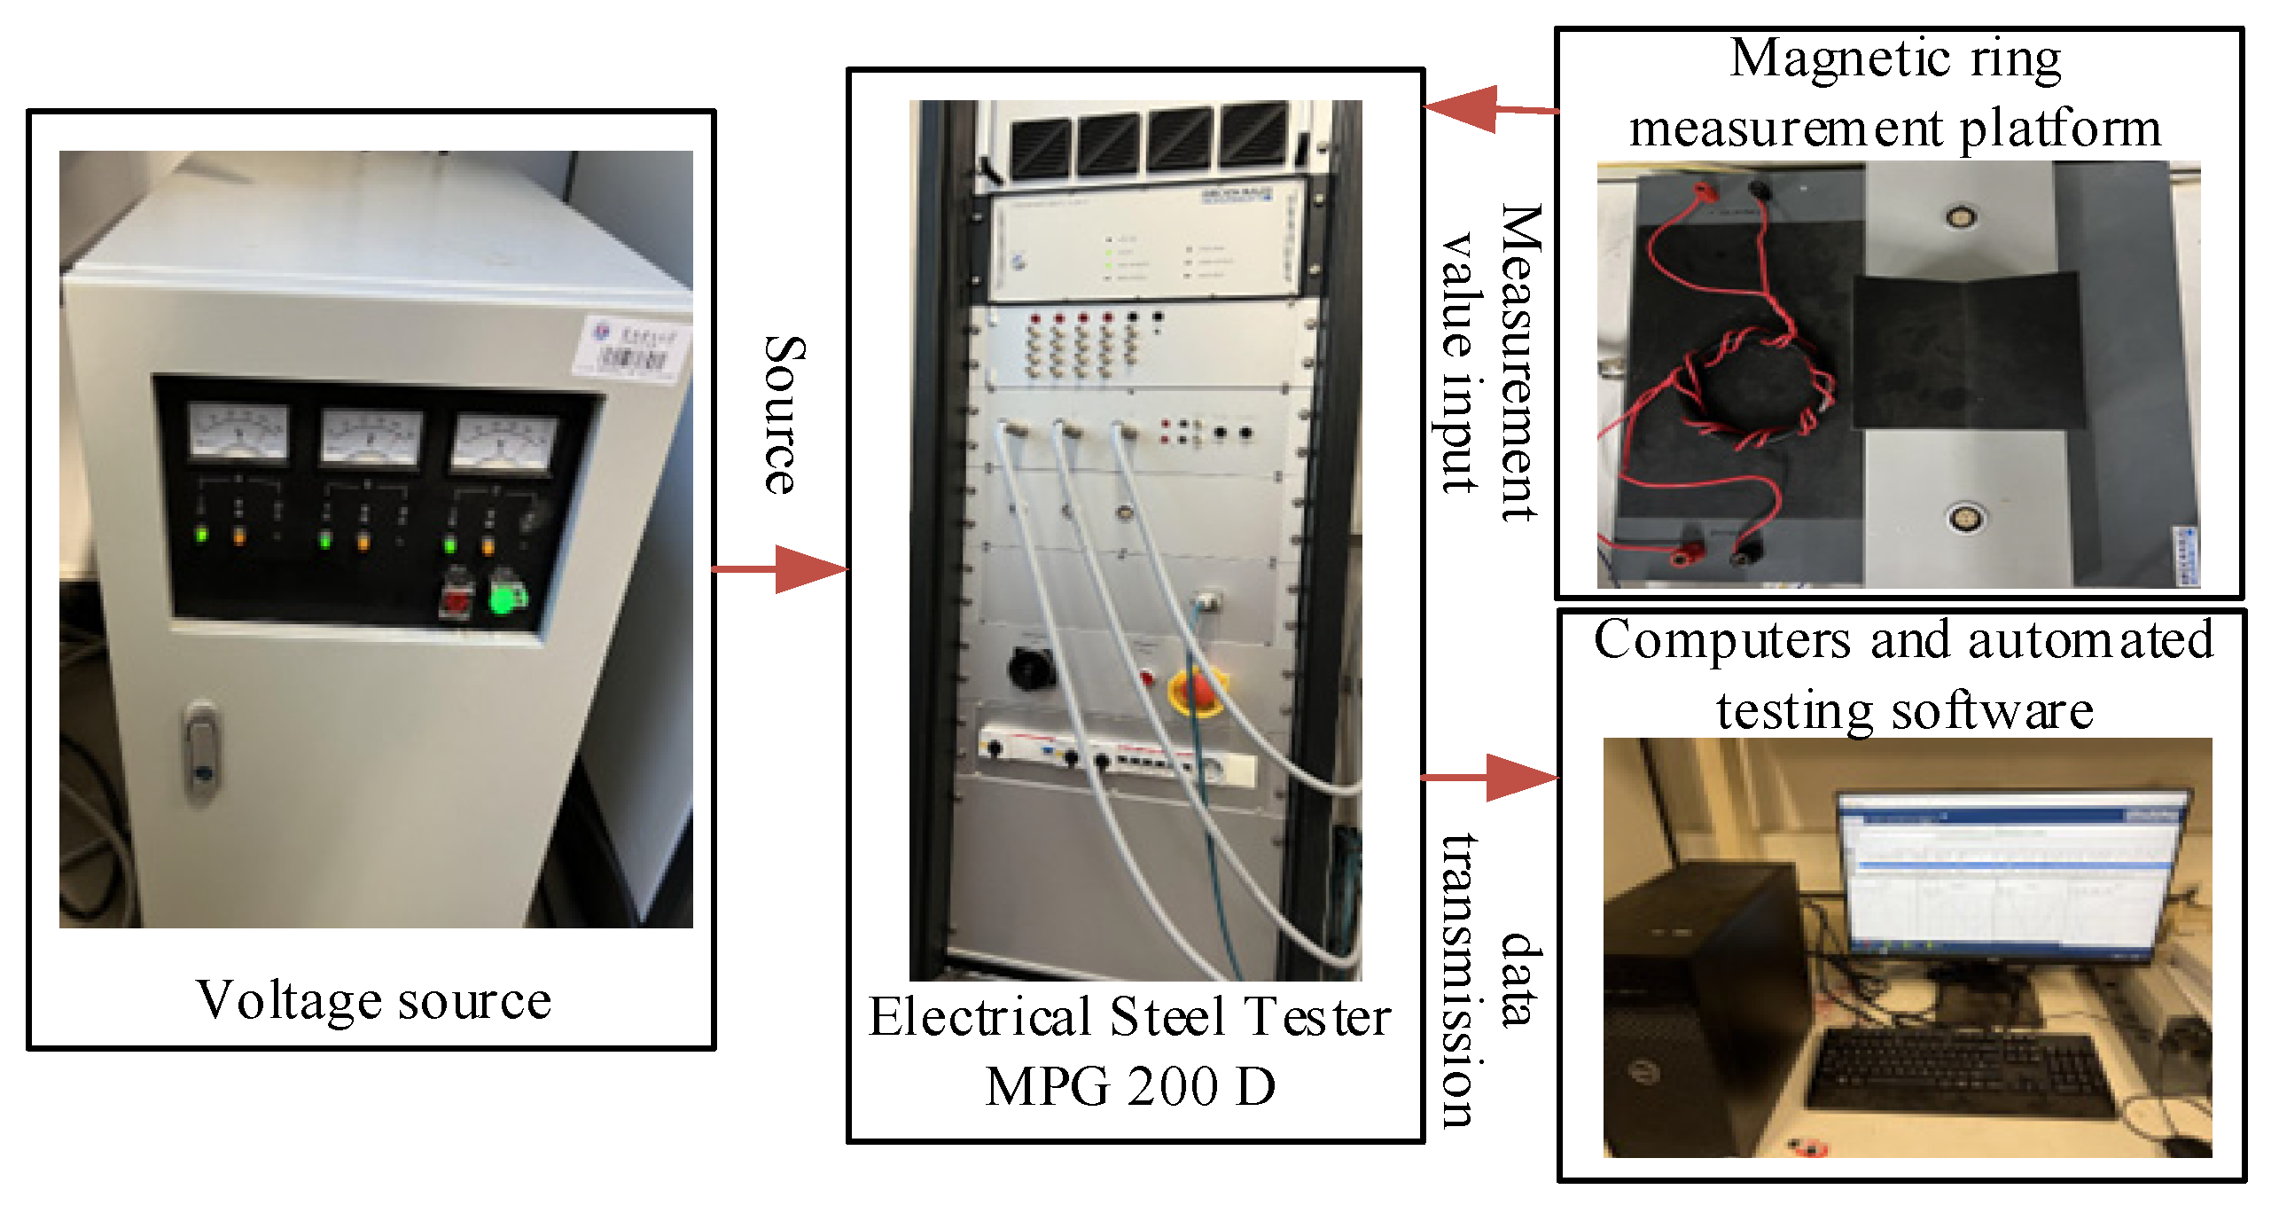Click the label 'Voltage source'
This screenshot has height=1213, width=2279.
(373, 1001)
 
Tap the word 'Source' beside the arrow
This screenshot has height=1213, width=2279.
(784, 415)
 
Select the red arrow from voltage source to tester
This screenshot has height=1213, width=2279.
(780, 568)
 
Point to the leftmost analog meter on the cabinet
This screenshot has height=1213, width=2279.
(238, 432)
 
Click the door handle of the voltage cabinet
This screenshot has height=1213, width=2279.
(202, 752)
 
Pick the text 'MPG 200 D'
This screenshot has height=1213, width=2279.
(1130, 1086)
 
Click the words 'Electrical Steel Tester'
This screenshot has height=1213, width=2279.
(1130, 1017)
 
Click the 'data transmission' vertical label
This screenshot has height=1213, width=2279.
(1489, 980)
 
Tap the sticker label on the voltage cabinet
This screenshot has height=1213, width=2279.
(635, 348)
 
